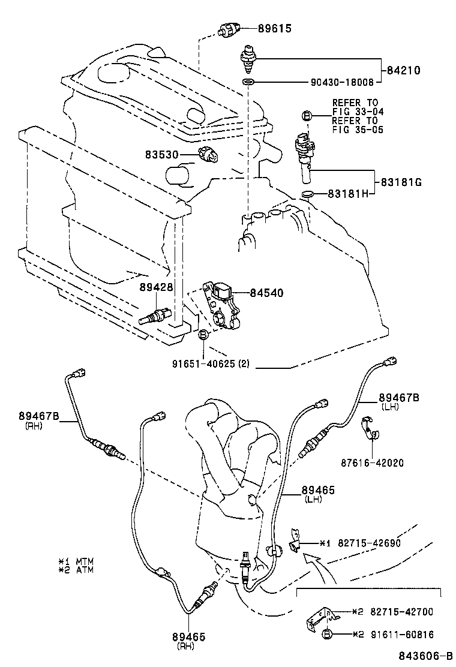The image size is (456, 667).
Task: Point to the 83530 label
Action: (x=161, y=155)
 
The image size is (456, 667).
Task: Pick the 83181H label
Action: (x=348, y=194)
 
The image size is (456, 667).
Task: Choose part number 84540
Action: (x=266, y=293)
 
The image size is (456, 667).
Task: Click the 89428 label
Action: (x=157, y=287)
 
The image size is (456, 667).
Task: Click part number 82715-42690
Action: (x=366, y=543)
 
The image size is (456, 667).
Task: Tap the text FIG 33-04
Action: (x=358, y=112)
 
